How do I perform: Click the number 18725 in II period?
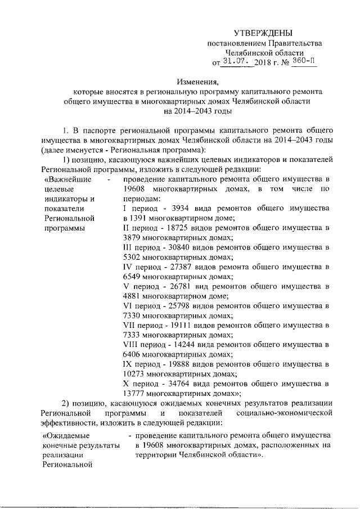(x=178, y=227)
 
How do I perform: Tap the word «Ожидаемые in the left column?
(x=67, y=435)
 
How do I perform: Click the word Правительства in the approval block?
(x=290, y=43)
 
